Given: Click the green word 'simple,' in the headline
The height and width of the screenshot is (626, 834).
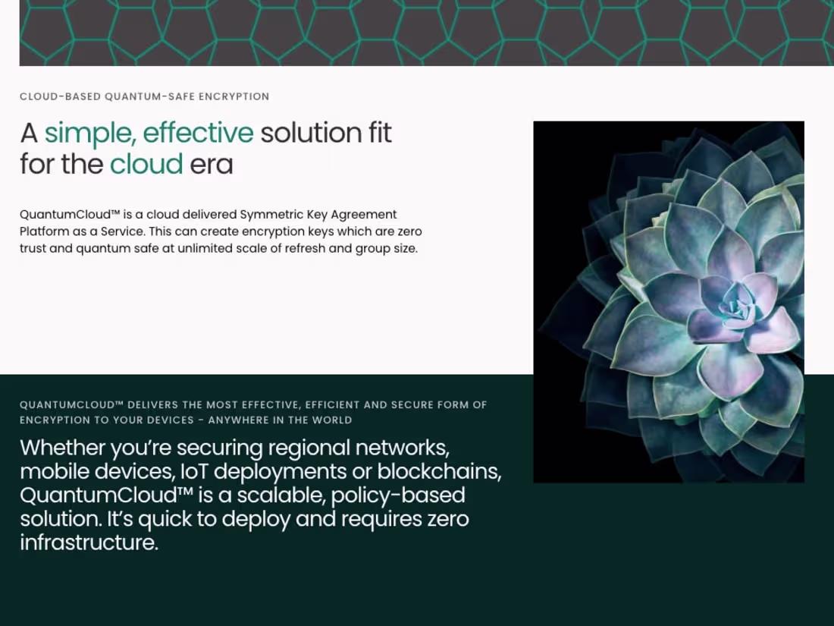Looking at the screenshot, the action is tap(90, 134).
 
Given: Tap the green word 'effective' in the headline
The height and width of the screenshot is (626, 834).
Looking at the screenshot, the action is tap(199, 133).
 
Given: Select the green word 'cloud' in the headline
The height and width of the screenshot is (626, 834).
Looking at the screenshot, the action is tap(146, 163).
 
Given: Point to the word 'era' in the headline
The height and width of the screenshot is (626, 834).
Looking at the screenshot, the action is tap(212, 165).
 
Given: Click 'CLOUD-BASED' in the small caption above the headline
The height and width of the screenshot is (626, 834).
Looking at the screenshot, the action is tap(60, 96).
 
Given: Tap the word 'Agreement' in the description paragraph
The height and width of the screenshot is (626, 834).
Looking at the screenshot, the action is tap(364, 215).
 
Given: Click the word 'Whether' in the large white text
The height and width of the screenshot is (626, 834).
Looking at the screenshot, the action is tap(62, 448).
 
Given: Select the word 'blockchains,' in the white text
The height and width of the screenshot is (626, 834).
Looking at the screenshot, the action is tap(439, 472).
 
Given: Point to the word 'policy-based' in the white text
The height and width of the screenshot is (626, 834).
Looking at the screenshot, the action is tap(398, 496).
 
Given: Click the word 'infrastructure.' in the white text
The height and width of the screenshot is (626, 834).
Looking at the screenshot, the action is tap(89, 543).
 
